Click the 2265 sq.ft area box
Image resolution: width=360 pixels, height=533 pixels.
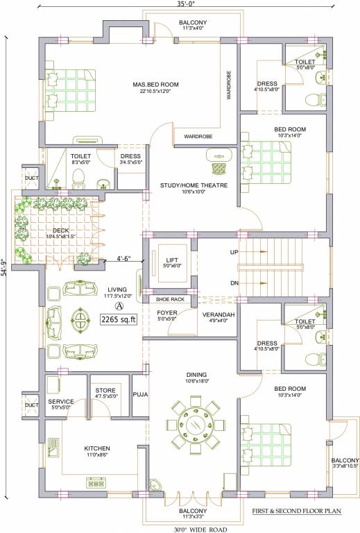click(x=119, y=320)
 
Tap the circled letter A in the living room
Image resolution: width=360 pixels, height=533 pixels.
click(x=119, y=305)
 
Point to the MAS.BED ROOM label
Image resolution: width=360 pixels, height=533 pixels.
click(x=156, y=85)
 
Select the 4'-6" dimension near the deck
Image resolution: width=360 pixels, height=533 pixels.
click(x=125, y=254)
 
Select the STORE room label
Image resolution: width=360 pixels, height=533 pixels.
click(x=105, y=390)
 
